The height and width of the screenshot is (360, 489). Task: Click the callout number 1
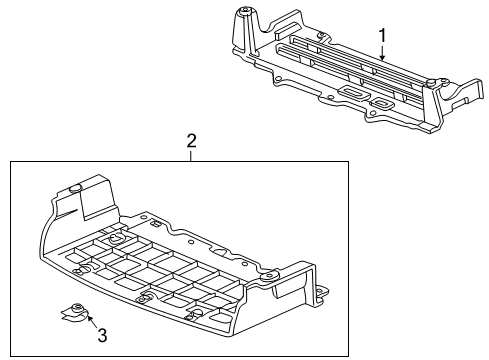pos(381,36)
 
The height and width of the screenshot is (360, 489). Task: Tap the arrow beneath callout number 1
pos(381,54)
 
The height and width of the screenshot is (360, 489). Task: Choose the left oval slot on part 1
pos(353,92)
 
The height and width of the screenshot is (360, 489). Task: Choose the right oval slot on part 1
pos(382,103)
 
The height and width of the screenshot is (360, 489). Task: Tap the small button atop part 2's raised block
pos(77,187)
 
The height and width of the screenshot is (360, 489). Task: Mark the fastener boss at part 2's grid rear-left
pos(115,239)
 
